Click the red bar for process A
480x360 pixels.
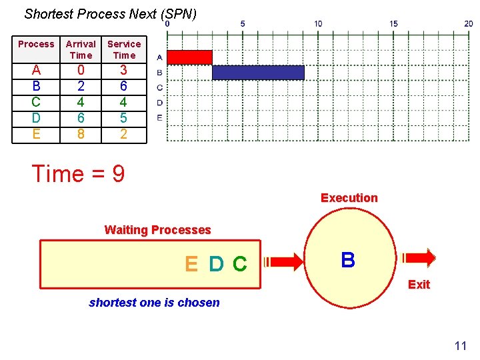click(189, 57)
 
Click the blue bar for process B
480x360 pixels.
click(258, 73)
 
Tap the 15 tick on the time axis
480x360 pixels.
click(393, 24)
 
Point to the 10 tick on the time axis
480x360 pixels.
click(318, 24)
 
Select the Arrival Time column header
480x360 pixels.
click(81, 49)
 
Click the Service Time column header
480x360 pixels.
click(124, 49)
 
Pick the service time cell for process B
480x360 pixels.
click(124, 86)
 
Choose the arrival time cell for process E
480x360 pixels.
click(81, 134)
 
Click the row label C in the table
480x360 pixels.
click(36, 102)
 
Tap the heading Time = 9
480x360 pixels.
click(78, 174)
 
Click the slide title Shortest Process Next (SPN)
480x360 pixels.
click(110, 13)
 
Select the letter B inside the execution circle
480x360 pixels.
click(348, 260)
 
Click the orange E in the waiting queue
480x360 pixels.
click(191, 265)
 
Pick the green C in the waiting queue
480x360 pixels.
click(239, 265)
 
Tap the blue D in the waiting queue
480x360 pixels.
click(215, 265)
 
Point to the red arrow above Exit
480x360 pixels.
click(418, 257)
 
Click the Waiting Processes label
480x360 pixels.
click(157, 230)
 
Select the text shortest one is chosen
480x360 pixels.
click(154, 303)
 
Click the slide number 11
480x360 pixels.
click(460, 345)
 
